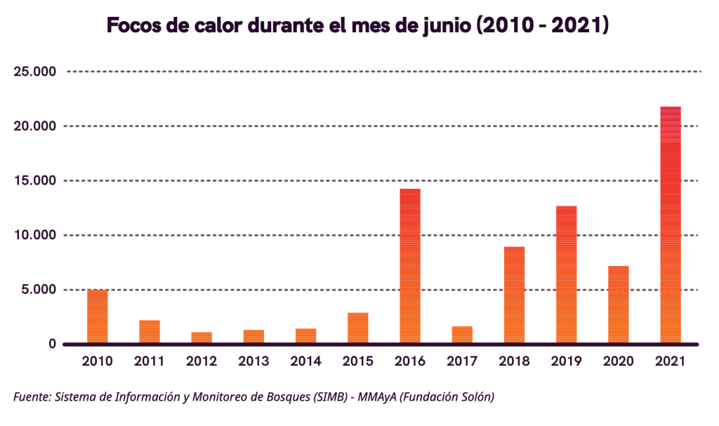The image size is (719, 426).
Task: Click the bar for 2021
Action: point(671,225)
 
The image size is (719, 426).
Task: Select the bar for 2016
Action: point(410,267)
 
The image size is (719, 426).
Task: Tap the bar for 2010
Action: point(98,317)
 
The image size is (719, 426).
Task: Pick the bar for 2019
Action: point(566,274)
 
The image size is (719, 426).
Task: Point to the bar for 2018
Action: point(514,295)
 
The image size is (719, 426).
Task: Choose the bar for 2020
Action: point(618,305)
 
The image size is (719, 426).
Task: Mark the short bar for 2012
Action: point(202,338)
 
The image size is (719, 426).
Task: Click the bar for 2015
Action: point(358,328)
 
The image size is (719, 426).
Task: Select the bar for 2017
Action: point(462,335)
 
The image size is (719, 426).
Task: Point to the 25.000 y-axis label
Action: point(34,72)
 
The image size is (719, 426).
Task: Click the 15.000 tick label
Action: point(34,181)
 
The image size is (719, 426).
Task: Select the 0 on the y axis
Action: point(52,344)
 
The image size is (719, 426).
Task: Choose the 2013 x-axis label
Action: point(253,362)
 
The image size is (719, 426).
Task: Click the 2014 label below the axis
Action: point(305,362)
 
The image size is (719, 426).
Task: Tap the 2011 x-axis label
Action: point(150,362)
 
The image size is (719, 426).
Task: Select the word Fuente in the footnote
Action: point(32,398)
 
